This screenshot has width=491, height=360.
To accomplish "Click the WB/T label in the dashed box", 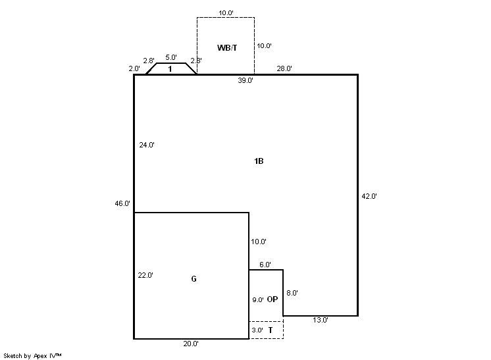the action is point(227,48).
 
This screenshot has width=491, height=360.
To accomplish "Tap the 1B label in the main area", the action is point(259,161).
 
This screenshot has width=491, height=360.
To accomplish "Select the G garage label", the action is point(194,278).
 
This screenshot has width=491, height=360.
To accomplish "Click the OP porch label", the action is point(272,299).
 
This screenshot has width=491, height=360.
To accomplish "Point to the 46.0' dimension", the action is point(122,203).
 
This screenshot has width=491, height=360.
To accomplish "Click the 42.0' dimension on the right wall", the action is point(369,196).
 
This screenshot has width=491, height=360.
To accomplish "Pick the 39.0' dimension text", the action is point(245,80).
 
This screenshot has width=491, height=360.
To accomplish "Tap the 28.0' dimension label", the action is point(284,68).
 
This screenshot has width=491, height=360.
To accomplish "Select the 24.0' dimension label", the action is point(147,145).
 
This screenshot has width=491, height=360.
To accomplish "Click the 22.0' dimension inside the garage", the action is point(145,276).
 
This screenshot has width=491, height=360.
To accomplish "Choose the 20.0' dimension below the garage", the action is point(191,344).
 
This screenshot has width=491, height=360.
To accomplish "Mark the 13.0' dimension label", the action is point(321,320).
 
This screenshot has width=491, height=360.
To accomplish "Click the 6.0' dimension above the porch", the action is point(265,265).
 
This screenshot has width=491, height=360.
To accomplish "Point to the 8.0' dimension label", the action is point(292,293).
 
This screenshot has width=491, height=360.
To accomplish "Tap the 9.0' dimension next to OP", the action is point(258,300).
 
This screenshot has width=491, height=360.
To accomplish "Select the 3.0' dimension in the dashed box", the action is point(257,330).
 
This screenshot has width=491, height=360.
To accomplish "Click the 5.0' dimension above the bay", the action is point(171,58).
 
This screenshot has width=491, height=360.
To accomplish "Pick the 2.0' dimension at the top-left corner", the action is point(134,68).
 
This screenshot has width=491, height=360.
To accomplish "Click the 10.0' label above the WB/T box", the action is point(226,13).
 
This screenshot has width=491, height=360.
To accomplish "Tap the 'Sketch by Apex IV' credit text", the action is point(32,356).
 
